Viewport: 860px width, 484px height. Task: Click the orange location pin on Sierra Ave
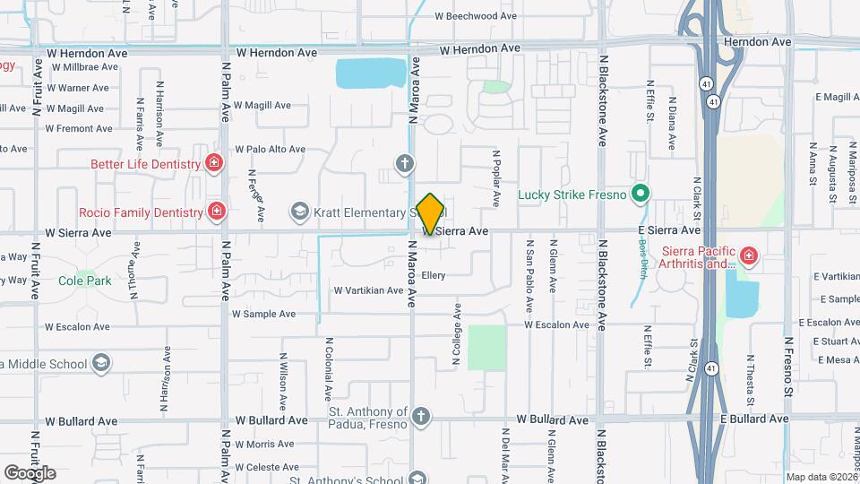(431, 214)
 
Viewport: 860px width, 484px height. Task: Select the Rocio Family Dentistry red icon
(216, 212)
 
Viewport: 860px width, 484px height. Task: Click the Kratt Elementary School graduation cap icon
(298, 212)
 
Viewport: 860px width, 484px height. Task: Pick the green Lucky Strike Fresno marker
(640, 194)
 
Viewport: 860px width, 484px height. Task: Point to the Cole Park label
(85, 281)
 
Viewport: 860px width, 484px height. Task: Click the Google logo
(30, 472)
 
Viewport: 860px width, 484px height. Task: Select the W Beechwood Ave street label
(476, 16)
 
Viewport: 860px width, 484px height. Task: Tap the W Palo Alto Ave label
(270, 150)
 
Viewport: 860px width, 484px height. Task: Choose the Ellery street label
(433, 275)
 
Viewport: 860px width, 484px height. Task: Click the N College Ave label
(456, 334)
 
